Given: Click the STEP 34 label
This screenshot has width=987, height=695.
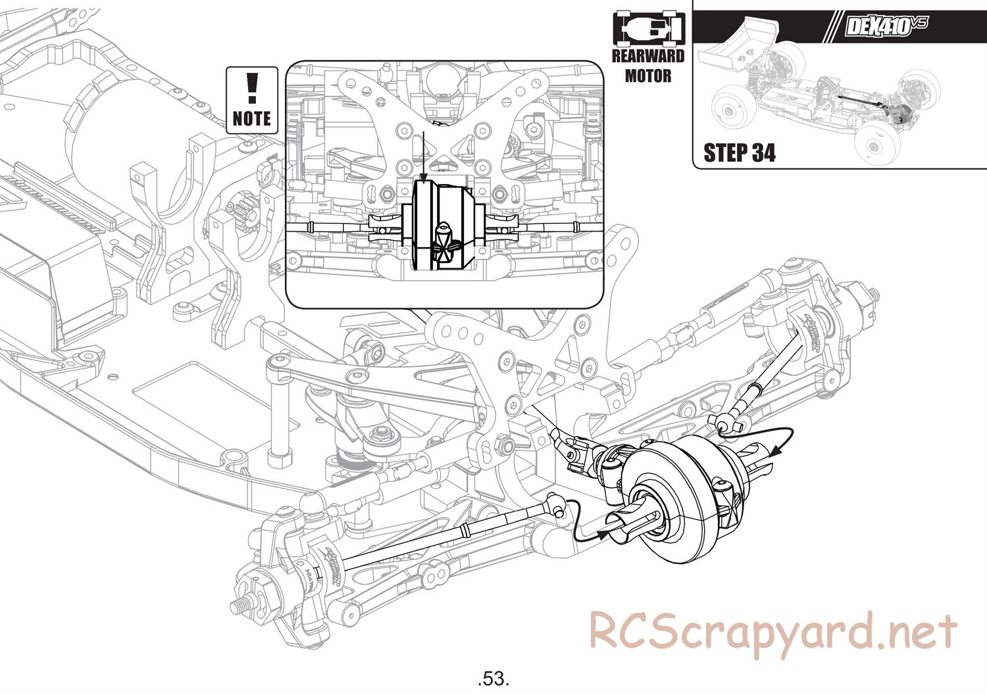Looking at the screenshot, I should click(x=739, y=153).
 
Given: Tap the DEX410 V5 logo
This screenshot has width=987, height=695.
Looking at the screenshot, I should click(x=886, y=27).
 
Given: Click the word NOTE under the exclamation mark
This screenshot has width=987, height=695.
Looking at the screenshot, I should click(x=251, y=118).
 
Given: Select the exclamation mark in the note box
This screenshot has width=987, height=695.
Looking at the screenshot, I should click(x=251, y=87).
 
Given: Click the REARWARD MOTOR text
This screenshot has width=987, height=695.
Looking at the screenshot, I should click(x=648, y=66).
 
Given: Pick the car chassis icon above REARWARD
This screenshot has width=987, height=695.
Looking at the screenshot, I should click(x=649, y=30).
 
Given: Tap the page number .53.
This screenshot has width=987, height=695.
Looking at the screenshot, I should click(x=493, y=677).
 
